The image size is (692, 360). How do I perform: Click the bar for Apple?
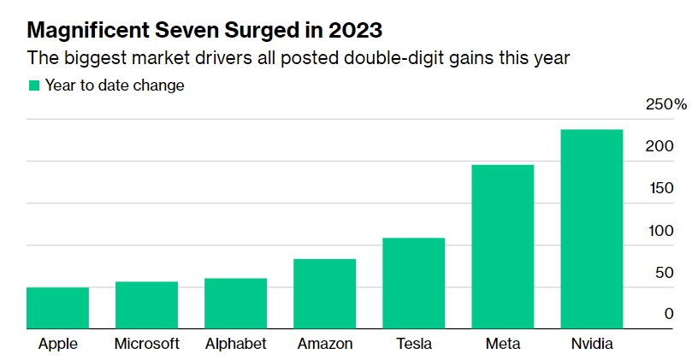click(x=57, y=308)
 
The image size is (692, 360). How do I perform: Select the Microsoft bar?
click(x=146, y=305)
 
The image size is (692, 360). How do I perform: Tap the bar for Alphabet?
click(x=235, y=304)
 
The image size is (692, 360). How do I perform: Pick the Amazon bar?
click(x=324, y=293)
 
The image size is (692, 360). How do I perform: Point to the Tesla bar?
click(x=413, y=283)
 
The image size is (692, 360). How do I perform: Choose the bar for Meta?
click(x=502, y=246)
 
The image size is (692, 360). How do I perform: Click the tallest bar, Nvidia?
click(x=591, y=229)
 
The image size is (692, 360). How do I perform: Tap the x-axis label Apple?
click(x=58, y=344)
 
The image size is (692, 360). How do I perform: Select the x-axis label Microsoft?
click(x=147, y=344)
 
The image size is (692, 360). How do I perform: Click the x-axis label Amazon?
click(x=325, y=344)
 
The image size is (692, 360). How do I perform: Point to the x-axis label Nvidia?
click(x=592, y=344)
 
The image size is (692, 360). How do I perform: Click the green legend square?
click(x=34, y=86)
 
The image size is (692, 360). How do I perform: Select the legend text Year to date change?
click(x=115, y=86)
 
